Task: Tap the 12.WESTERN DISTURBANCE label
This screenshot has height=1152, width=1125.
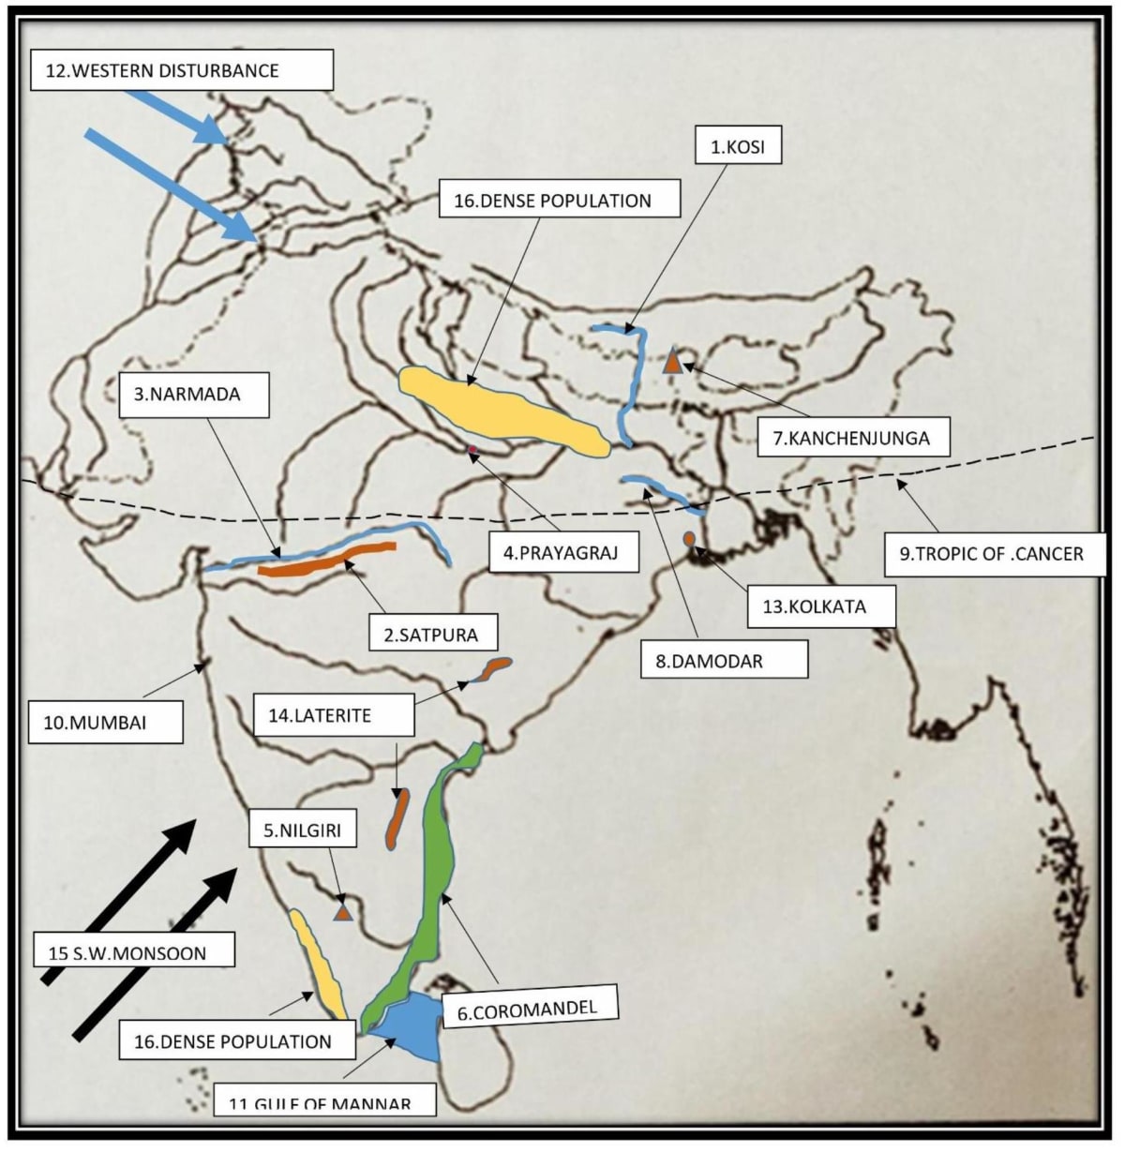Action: pyautogui.click(x=181, y=70)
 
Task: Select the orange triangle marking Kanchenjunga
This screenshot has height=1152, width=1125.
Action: pyautogui.click(x=672, y=361)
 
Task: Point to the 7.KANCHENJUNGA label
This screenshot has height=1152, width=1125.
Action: pyautogui.click(x=851, y=437)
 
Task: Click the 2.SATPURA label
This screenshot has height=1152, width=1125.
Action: pyautogui.click(x=430, y=635)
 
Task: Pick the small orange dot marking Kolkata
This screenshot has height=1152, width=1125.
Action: pyautogui.click(x=689, y=539)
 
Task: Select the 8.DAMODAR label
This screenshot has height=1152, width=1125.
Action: pyautogui.click(x=722, y=661)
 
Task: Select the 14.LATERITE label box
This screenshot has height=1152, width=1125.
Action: pyautogui.click(x=333, y=715)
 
